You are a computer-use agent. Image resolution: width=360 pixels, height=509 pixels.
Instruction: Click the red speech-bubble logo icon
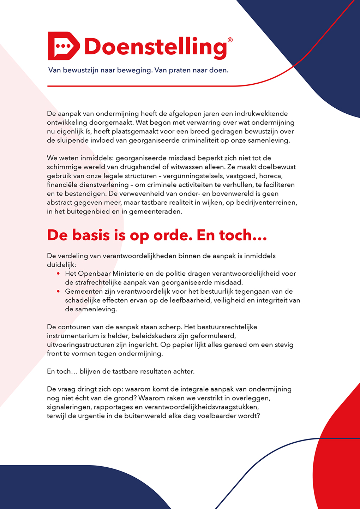(x=64, y=46)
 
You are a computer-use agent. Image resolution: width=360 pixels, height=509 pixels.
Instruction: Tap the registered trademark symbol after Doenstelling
(x=230, y=40)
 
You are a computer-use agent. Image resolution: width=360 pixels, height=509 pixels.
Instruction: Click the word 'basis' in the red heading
(x=91, y=235)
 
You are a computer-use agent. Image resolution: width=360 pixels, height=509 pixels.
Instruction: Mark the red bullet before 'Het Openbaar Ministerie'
(x=59, y=274)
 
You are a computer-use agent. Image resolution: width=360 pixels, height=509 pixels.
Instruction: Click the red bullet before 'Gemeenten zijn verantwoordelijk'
(x=59, y=292)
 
